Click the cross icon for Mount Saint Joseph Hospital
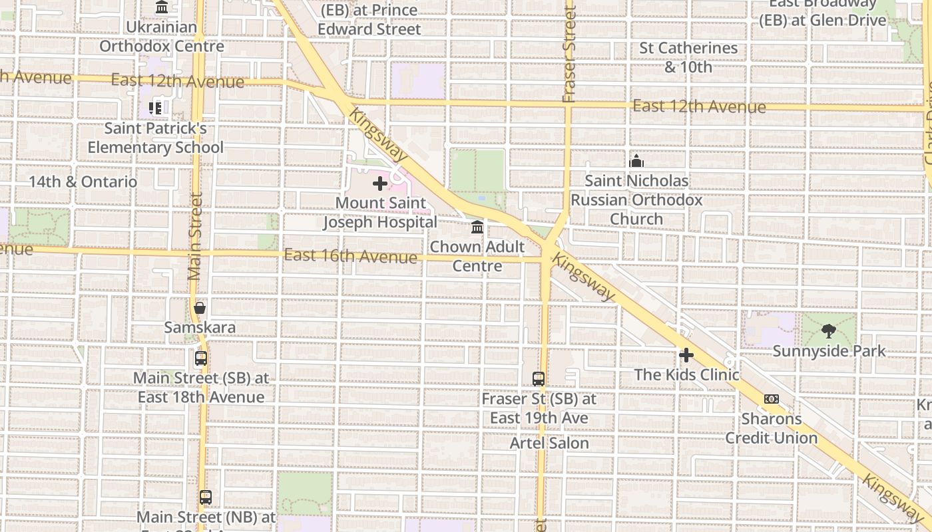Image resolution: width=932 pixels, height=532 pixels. pos(380,184)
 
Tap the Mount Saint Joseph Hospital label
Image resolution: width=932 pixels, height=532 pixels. pos(380,213)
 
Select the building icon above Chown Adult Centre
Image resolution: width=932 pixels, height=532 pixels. pos(477,227)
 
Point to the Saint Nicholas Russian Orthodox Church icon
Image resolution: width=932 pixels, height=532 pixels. pos(636,161)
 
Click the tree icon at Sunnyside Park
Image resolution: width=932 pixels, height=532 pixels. pos(829,331)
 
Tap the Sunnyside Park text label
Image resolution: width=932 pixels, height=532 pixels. pos(829,351)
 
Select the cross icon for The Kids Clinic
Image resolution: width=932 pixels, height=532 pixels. pos(686,355)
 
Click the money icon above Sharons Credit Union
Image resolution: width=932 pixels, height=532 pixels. pos(772,399)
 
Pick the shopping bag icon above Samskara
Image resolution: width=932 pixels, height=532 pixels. pos(200,308)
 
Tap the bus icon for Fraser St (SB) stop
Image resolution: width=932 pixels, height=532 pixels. pos(539,379)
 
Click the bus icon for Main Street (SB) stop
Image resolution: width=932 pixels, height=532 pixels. pos(201,358)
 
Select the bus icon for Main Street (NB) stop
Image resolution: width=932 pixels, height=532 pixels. pos(206,497)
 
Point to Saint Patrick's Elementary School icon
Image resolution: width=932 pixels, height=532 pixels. pos(156,108)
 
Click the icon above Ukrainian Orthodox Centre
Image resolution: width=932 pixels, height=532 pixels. pos(162,7)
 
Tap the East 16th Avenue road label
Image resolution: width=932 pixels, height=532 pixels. pos(350,256)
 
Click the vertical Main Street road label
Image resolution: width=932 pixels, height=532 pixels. pos(195,236)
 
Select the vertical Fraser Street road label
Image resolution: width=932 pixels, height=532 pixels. pos(569,53)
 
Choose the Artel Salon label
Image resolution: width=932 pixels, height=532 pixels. pos(549,443)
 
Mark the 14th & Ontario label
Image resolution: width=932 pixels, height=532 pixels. pos(83,182)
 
